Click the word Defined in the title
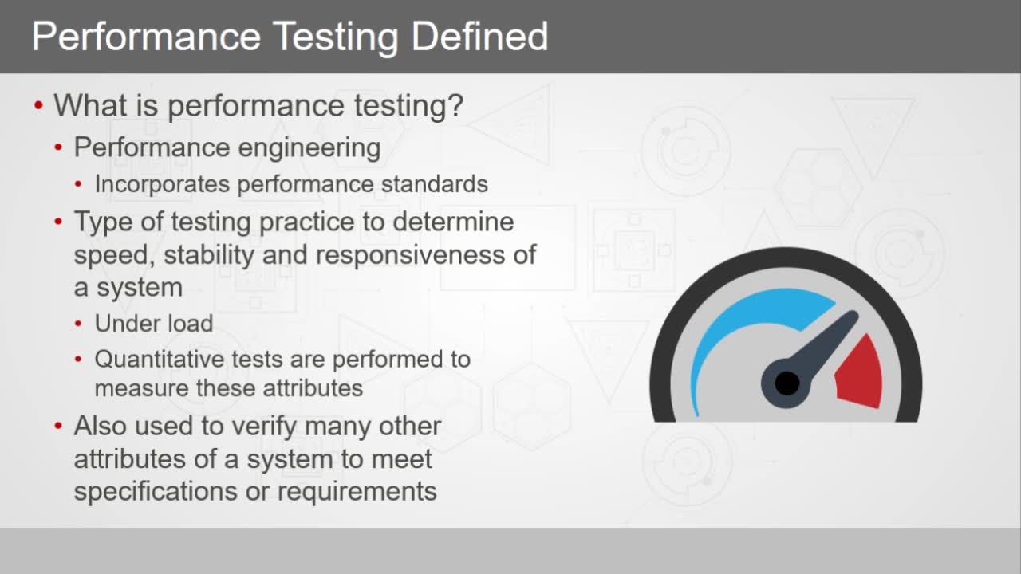479,36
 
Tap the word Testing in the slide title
336,38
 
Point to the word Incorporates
162,185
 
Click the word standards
435,184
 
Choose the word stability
209,254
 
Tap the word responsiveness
410,255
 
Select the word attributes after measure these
313,388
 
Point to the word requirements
357,493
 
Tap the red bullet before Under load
78,324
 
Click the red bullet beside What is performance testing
38,106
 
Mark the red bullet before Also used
58,427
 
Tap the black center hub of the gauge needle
786,383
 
